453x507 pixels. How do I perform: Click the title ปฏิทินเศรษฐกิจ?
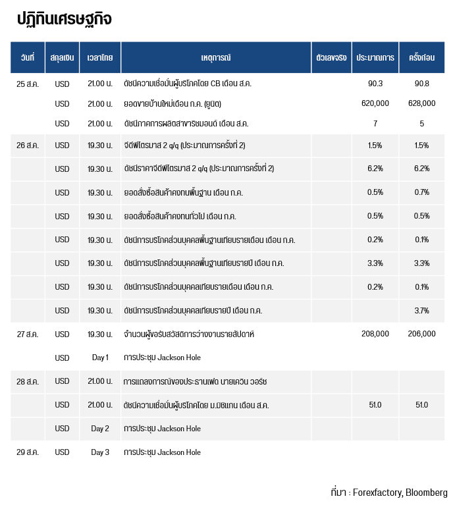coord(64,18)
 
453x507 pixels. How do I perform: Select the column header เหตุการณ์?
coord(216,57)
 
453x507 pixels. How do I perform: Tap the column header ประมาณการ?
coord(375,57)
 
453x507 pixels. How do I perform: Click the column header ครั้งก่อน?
coord(421,57)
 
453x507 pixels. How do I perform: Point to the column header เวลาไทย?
coord(100,57)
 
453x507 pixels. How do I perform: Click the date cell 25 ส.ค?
coord(28,84)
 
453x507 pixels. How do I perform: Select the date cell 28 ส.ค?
coord(28,382)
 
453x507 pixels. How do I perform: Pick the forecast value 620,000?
coord(375,103)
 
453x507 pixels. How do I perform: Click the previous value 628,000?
coord(421,103)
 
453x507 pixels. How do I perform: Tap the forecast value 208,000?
coord(375,334)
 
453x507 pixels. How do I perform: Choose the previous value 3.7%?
coord(421,311)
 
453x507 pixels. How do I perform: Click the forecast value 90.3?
coord(375,84)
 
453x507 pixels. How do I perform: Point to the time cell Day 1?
coord(100,358)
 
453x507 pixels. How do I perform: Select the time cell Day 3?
coord(100,452)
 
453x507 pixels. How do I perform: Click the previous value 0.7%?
coord(421,192)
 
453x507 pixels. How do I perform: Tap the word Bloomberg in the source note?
coord(427,493)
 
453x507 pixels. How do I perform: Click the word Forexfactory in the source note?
coord(378,493)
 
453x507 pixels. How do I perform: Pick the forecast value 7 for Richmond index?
coord(375,124)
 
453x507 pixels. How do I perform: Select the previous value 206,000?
coord(421,334)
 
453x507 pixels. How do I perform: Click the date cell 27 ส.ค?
coord(28,334)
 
